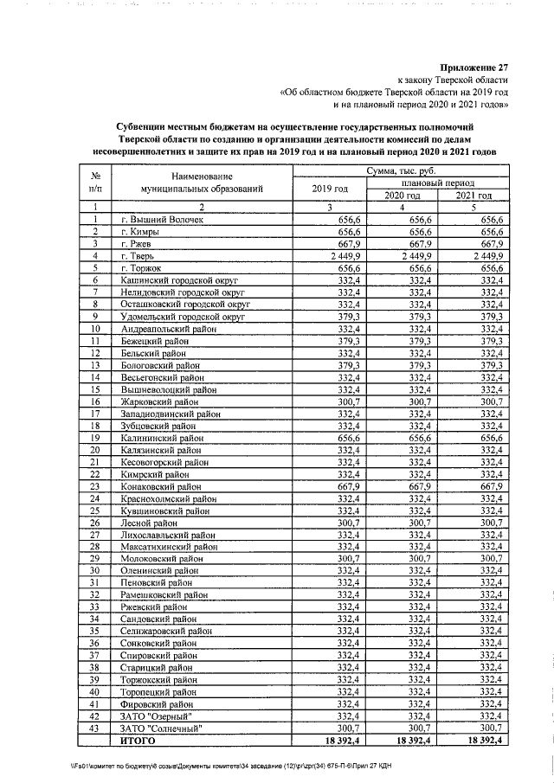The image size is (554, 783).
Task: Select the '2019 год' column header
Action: [330, 189]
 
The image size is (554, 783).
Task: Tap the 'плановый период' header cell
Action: [436, 183]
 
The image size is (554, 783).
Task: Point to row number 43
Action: [94, 728]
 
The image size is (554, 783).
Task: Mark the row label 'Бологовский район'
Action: [161, 365]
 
